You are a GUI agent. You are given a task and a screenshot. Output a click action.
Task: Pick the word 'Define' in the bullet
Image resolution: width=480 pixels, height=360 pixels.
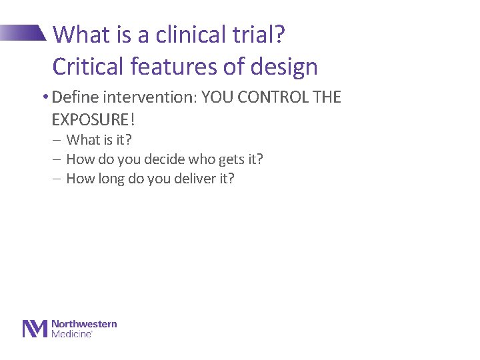73,97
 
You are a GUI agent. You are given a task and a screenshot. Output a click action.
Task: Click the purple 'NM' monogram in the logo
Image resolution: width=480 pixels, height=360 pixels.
35,329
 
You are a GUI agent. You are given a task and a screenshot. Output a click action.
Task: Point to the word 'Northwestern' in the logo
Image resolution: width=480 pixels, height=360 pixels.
84,324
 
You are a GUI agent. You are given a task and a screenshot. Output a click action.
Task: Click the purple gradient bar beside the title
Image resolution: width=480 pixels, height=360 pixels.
23,33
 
